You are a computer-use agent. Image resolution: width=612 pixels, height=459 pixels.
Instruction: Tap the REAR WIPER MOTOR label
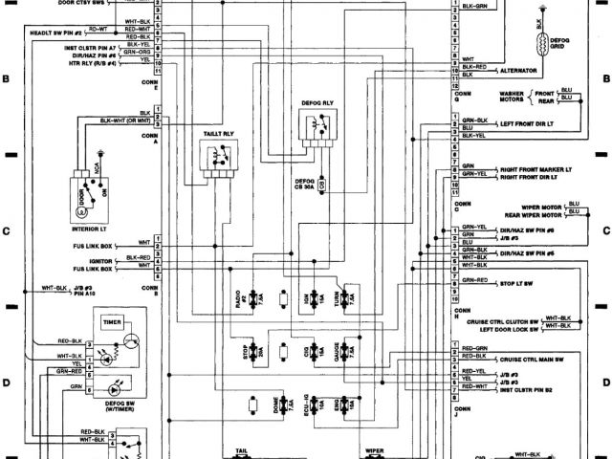tap(525, 215)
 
